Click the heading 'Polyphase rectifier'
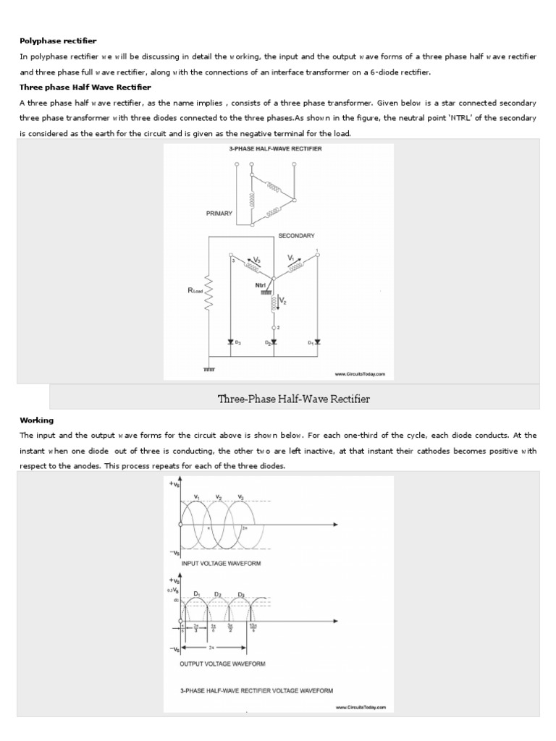[58, 40]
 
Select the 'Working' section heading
[36, 420]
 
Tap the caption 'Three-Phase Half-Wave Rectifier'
[294, 399]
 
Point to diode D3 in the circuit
[231, 341]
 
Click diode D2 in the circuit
[273, 341]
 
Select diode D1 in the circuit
[317, 341]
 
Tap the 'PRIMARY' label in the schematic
[219, 213]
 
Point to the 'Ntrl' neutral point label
[261, 285]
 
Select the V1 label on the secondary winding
[291, 257]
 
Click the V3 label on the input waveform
[241, 497]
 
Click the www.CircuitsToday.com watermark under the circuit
[360, 374]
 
